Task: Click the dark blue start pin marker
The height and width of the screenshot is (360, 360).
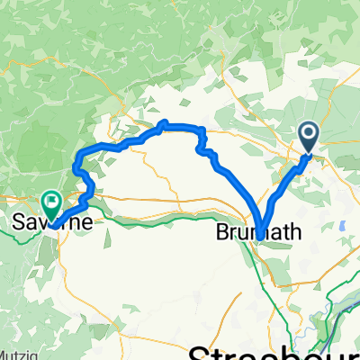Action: click(308, 137)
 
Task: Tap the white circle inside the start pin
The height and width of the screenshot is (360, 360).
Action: click(308, 134)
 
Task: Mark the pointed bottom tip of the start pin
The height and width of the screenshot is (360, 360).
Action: click(308, 153)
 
